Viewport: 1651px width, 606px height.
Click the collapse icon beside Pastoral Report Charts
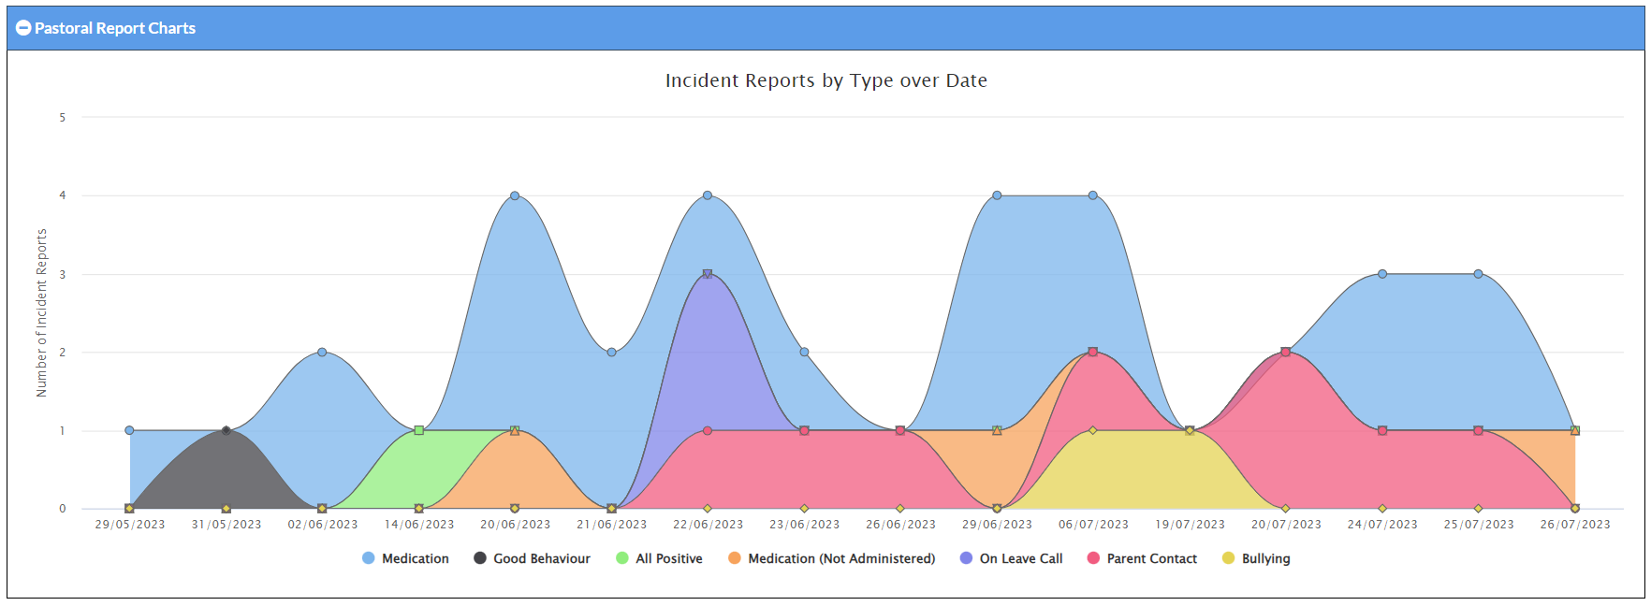click(23, 28)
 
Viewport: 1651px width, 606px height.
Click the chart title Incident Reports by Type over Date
click(825, 80)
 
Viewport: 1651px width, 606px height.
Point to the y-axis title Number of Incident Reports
click(41, 313)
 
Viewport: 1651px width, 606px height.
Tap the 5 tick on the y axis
click(63, 118)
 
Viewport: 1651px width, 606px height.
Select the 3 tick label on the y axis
click(63, 275)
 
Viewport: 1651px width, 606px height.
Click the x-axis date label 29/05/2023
click(130, 525)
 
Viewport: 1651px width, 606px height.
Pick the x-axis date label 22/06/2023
click(708, 525)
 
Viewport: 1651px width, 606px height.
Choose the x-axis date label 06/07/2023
click(1093, 525)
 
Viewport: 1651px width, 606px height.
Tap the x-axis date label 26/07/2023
click(1575, 525)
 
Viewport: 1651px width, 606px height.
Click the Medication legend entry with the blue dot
click(405, 558)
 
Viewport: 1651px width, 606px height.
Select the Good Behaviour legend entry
click(532, 558)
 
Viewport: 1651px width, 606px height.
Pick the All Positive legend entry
click(659, 558)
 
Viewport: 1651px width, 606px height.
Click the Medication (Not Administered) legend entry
click(831, 558)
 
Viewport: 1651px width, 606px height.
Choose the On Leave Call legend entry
click(1011, 558)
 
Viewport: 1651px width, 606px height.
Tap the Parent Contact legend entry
click(1142, 558)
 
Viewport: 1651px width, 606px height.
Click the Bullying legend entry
click(1256, 558)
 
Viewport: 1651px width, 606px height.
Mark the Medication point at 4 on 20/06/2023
click(515, 195)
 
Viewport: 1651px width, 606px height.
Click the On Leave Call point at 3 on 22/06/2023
click(708, 274)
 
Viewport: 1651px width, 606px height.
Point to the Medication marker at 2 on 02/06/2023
click(322, 353)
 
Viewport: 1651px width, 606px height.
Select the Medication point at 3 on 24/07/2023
click(1382, 274)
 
